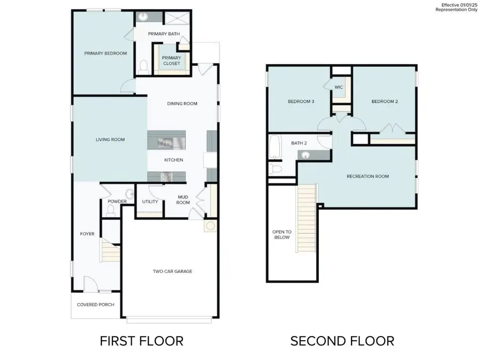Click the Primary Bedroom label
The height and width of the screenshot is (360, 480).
(x=106, y=53)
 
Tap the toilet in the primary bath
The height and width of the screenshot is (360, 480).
(x=143, y=67)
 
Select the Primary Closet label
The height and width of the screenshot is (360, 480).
(x=171, y=60)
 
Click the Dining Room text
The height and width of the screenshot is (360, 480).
(x=182, y=103)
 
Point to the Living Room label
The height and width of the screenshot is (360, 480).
(x=110, y=140)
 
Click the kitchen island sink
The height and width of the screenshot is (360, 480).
(x=165, y=142)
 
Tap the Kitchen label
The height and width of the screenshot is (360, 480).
(x=174, y=160)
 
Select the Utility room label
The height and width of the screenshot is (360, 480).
(x=149, y=202)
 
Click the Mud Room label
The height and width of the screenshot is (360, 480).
(x=183, y=199)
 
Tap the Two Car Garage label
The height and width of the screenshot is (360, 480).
(x=172, y=271)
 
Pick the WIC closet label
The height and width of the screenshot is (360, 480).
(x=338, y=87)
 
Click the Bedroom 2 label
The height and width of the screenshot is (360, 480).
(x=385, y=101)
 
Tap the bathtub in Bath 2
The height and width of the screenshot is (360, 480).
(x=275, y=148)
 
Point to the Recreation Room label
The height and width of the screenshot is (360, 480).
(x=367, y=176)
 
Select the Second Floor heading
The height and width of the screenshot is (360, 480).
(x=342, y=341)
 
